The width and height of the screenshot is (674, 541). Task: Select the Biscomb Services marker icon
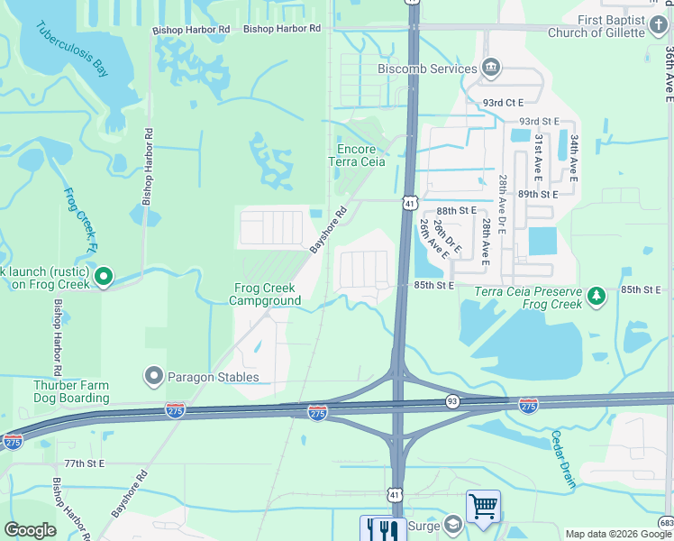[491, 67]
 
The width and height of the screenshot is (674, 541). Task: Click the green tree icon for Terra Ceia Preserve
[596, 296]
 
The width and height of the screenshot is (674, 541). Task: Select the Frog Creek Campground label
[267, 294]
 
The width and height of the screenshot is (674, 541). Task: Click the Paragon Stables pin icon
[154, 376]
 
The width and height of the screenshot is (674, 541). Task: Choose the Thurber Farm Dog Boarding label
[72, 390]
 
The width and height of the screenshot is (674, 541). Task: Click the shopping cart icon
[483, 507]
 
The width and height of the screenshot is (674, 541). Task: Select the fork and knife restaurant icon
[377, 529]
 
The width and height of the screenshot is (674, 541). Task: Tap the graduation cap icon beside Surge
[452, 524]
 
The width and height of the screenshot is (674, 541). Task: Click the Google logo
[32, 530]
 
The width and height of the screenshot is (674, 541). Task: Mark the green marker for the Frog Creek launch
[105, 277]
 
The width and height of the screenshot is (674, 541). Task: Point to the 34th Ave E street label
[574, 155]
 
